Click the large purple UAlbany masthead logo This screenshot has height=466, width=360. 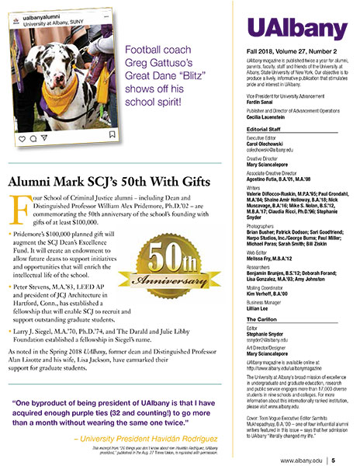(x=296, y=30)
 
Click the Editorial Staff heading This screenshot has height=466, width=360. (x=270, y=128)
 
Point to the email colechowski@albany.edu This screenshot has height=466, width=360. (x=278, y=145)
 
